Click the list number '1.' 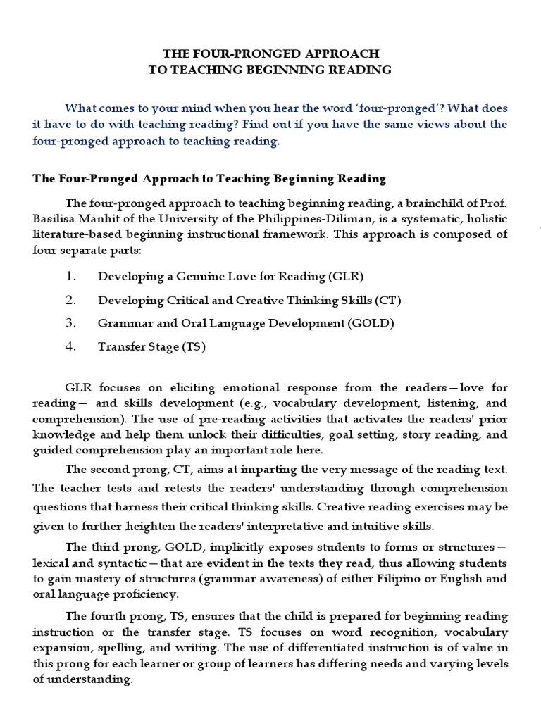70,276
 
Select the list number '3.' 70,323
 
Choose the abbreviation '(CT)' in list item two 387,300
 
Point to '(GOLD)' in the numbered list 371,323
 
